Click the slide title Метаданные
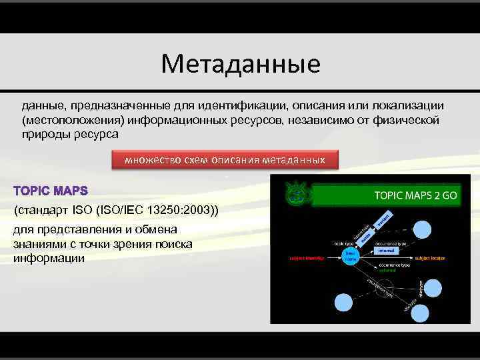[240, 64]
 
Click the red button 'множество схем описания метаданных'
[225, 160]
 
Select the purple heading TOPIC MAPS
[51, 192]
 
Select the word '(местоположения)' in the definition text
[64, 121]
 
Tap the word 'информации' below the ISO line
[49, 257]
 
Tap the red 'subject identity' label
[305, 257]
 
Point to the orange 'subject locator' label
[429, 257]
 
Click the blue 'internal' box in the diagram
[387, 251]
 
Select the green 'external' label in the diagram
[387, 271]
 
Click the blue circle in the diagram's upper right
[421, 228]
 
